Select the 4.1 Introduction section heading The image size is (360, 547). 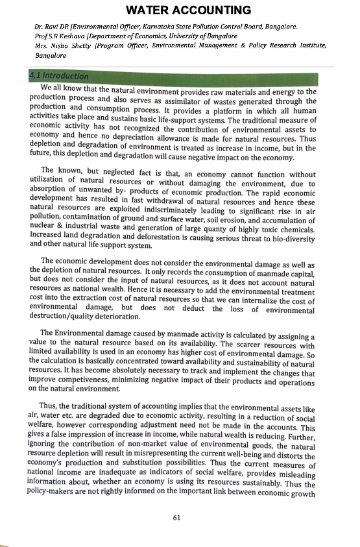pos(59,77)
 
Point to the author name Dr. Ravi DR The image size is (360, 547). pos(53,27)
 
